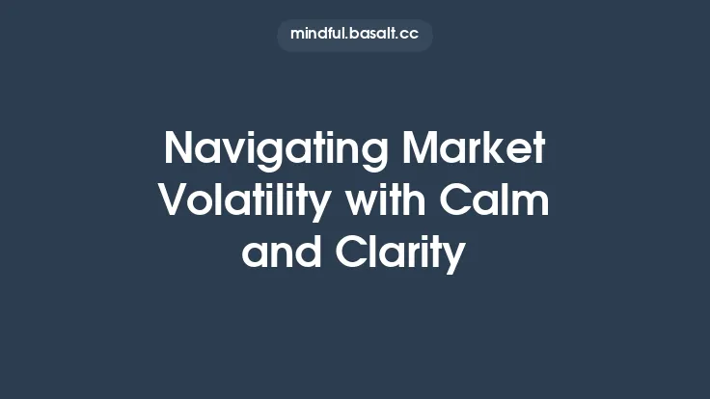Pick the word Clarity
coord(400,254)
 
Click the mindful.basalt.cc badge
coord(355,35)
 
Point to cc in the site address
coord(410,35)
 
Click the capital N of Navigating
coord(179,149)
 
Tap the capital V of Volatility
coord(173,201)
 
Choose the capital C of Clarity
coord(353,253)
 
